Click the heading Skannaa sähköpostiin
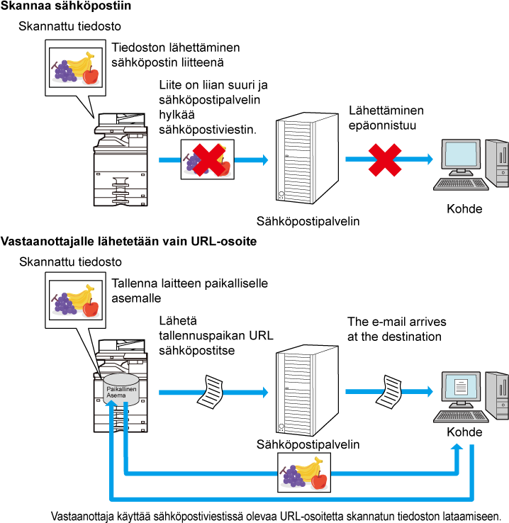(x=66, y=6)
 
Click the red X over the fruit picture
(x=209, y=159)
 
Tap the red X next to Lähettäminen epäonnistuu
(x=384, y=159)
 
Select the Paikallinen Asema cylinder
(x=121, y=389)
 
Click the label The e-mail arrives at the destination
(x=396, y=329)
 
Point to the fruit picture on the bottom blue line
(x=304, y=472)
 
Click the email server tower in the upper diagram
(x=307, y=158)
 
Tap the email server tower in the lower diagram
(x=307, y=390)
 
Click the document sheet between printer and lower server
(x=210, y=392)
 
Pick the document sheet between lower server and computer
(x=389, y=392)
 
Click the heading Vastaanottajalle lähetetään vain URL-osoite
(x=129, y=241)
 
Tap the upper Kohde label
(x=464, y=209)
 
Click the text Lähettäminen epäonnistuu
(x=386, y=118)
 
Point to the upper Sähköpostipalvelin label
(x=308, y=222)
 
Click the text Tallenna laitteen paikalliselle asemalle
(x=189, y=291)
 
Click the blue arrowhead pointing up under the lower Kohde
(x=457, y=448)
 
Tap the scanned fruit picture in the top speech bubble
(x=76, y=68)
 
